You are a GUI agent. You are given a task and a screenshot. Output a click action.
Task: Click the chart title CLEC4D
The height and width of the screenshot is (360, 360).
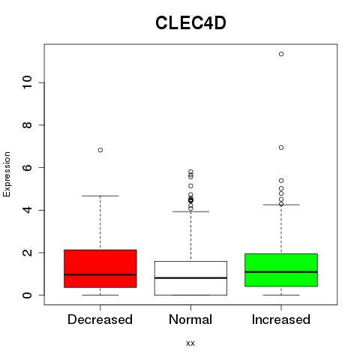click(190, 23)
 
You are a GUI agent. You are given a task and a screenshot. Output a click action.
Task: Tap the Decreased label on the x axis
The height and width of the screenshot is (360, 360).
click(100, 319)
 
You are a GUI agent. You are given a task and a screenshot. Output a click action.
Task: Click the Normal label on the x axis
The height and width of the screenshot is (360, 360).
click(190, 319)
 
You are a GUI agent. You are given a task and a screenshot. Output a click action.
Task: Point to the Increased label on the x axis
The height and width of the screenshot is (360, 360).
click(281, 319)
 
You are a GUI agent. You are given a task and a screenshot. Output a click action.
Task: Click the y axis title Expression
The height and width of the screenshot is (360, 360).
click(7, 174)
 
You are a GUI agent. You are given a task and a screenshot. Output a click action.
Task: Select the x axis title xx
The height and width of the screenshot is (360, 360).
click(190, 343)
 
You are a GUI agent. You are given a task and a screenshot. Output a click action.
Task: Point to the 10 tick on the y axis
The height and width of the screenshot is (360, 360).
click(28, 82)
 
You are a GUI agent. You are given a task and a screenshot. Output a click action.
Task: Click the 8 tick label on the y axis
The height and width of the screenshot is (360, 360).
click(28, 125)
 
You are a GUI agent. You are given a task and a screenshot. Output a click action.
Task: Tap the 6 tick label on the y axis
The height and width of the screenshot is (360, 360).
click(28, 167)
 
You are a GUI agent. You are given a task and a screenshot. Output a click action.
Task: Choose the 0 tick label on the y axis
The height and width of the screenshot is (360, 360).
click(28, 295)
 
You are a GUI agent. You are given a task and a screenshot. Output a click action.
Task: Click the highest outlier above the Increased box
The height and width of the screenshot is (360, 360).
click(281, 54)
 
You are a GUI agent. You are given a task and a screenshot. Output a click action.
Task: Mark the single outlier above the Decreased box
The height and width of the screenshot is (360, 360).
click(100, 150)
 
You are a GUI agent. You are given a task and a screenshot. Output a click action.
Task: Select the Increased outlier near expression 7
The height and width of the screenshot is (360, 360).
click(281, 148)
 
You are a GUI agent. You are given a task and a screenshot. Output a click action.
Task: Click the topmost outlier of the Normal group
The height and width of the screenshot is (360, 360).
click(190, 172)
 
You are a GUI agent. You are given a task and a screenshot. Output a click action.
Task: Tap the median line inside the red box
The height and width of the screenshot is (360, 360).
click(100, 274)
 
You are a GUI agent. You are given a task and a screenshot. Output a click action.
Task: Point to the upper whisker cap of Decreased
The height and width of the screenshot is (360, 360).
click(100, 196)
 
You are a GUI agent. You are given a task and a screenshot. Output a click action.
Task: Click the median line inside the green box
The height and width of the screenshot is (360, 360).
click(281, 271)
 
